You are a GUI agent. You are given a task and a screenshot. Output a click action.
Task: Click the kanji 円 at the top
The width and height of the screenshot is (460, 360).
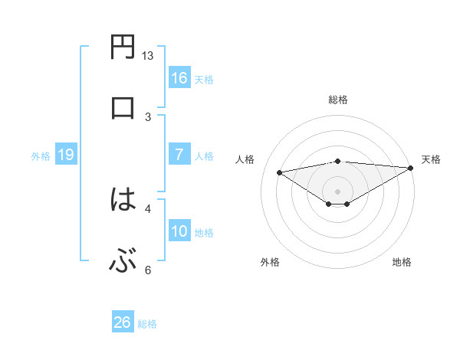coord(123,48)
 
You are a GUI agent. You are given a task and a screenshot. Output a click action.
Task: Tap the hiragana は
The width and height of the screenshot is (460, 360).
coord(123,200)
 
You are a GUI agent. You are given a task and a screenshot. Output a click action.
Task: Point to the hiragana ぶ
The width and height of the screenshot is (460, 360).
coord(123,262)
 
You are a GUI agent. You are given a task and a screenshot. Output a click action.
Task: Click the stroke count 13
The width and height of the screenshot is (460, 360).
coord(148,55)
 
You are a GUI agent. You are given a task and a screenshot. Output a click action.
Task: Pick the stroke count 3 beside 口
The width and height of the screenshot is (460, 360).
coord(148,116)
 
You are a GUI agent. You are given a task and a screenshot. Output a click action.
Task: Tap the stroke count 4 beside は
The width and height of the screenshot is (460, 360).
coord(148,208)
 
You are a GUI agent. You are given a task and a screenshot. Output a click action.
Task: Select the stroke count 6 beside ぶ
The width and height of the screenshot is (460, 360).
coord(148,270)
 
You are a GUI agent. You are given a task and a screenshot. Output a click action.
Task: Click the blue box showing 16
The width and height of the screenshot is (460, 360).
coord(179,77)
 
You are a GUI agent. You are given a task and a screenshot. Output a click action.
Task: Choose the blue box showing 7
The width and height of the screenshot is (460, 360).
coord(179,155)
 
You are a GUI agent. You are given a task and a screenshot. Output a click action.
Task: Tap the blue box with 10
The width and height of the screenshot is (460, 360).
coord(179,231)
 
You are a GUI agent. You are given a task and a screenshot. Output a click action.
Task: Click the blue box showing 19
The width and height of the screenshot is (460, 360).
coord(66,155)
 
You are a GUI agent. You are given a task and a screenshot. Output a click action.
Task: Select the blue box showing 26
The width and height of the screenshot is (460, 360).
coord(123,322)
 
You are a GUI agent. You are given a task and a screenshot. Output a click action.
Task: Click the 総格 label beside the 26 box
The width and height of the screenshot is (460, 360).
coord(148,324)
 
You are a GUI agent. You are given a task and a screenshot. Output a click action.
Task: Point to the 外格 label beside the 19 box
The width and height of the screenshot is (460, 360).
coord(41,156)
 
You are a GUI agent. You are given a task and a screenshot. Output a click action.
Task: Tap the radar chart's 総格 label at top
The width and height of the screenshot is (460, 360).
coord(338,100)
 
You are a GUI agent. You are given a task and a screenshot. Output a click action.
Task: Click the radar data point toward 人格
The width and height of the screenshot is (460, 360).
coord(280,172)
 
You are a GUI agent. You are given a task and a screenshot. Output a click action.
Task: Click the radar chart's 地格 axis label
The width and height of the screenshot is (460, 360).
coord(402,262)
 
